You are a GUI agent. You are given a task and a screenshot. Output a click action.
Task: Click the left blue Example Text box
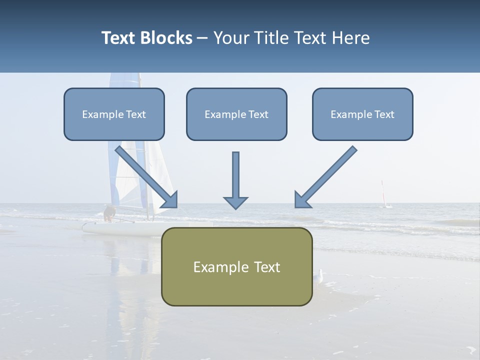(114, 114)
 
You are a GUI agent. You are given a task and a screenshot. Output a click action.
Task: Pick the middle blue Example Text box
(236, 114)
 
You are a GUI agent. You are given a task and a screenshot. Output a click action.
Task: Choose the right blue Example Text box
(362, 114)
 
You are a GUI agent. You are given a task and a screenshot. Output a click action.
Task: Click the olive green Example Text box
(236, 266)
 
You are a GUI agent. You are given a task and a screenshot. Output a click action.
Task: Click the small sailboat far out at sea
(384, 195)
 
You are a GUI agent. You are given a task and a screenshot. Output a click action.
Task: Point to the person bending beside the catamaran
(108, 213)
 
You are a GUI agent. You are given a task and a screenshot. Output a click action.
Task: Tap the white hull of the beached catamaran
(120, 228)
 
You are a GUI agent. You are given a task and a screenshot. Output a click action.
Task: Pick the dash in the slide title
(202, 38)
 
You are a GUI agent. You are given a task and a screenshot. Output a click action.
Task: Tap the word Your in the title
(231, 38)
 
